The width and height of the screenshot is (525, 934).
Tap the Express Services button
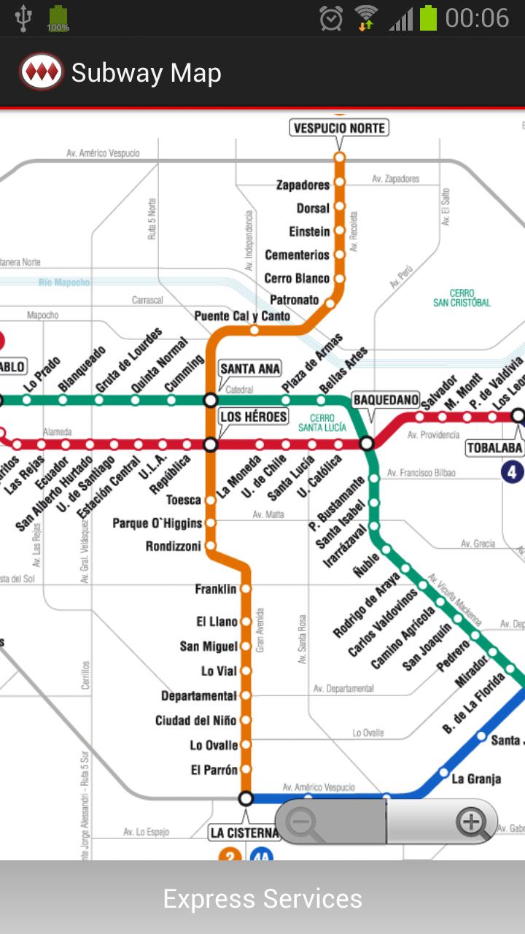(x=262, y=898)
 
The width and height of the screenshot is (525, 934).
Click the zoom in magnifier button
(x=472, y=822)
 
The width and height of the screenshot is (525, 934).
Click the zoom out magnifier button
(x=300, y=822)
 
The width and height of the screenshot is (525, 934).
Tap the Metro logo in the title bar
(x=41, y=72)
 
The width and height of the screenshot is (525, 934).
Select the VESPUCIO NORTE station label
(x=339, y=128)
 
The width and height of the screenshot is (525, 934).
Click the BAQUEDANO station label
(x=386, y=400)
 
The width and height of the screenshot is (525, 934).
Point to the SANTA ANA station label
(x=250, y=368)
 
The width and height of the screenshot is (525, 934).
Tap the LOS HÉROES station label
(x=250, y=417)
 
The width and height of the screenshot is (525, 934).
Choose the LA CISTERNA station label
(x=244, y=833)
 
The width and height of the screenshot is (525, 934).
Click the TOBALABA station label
(x=494, y=447)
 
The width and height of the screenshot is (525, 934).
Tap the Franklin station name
(x=216, y=589)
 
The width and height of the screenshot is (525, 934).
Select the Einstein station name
(x=310, y=231)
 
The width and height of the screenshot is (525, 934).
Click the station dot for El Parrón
(x=246, y=770)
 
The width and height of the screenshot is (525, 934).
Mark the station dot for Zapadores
(x=339, y=183)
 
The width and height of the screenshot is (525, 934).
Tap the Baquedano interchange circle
(x=367, y=444)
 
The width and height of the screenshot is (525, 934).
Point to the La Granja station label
(x=476, y=779)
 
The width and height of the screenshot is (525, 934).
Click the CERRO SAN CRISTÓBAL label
(x=462, y=298)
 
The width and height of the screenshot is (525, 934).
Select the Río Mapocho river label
(x=64, y=282)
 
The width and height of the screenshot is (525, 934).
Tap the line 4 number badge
(x=513, y=472)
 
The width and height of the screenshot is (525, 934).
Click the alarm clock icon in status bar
(x=331, y=18)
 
